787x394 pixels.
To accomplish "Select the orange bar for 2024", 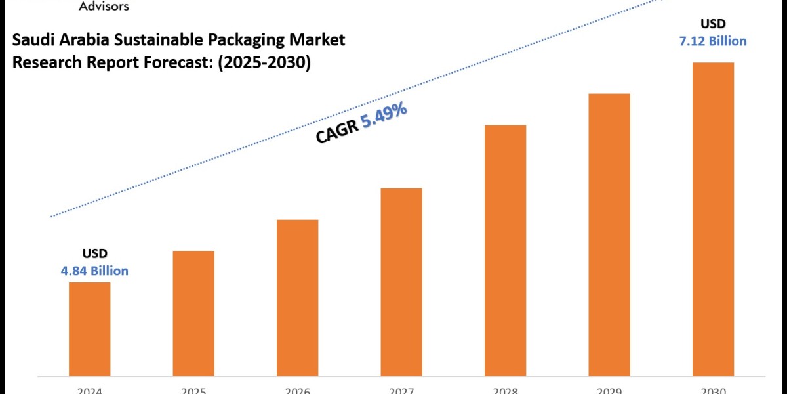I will [x=89, y=328].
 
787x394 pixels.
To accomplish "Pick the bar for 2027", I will [x=401, y=282].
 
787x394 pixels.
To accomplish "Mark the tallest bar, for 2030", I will [x=713, y=219].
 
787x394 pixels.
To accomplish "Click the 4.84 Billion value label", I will [x=95, y=271].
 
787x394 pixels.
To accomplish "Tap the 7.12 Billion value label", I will [x=713, y=41].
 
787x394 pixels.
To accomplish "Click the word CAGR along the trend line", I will [x=337, y=133].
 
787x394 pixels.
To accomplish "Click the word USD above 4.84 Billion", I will [x=94, y=253].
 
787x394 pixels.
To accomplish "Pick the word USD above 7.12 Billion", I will [x=713, y=24].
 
